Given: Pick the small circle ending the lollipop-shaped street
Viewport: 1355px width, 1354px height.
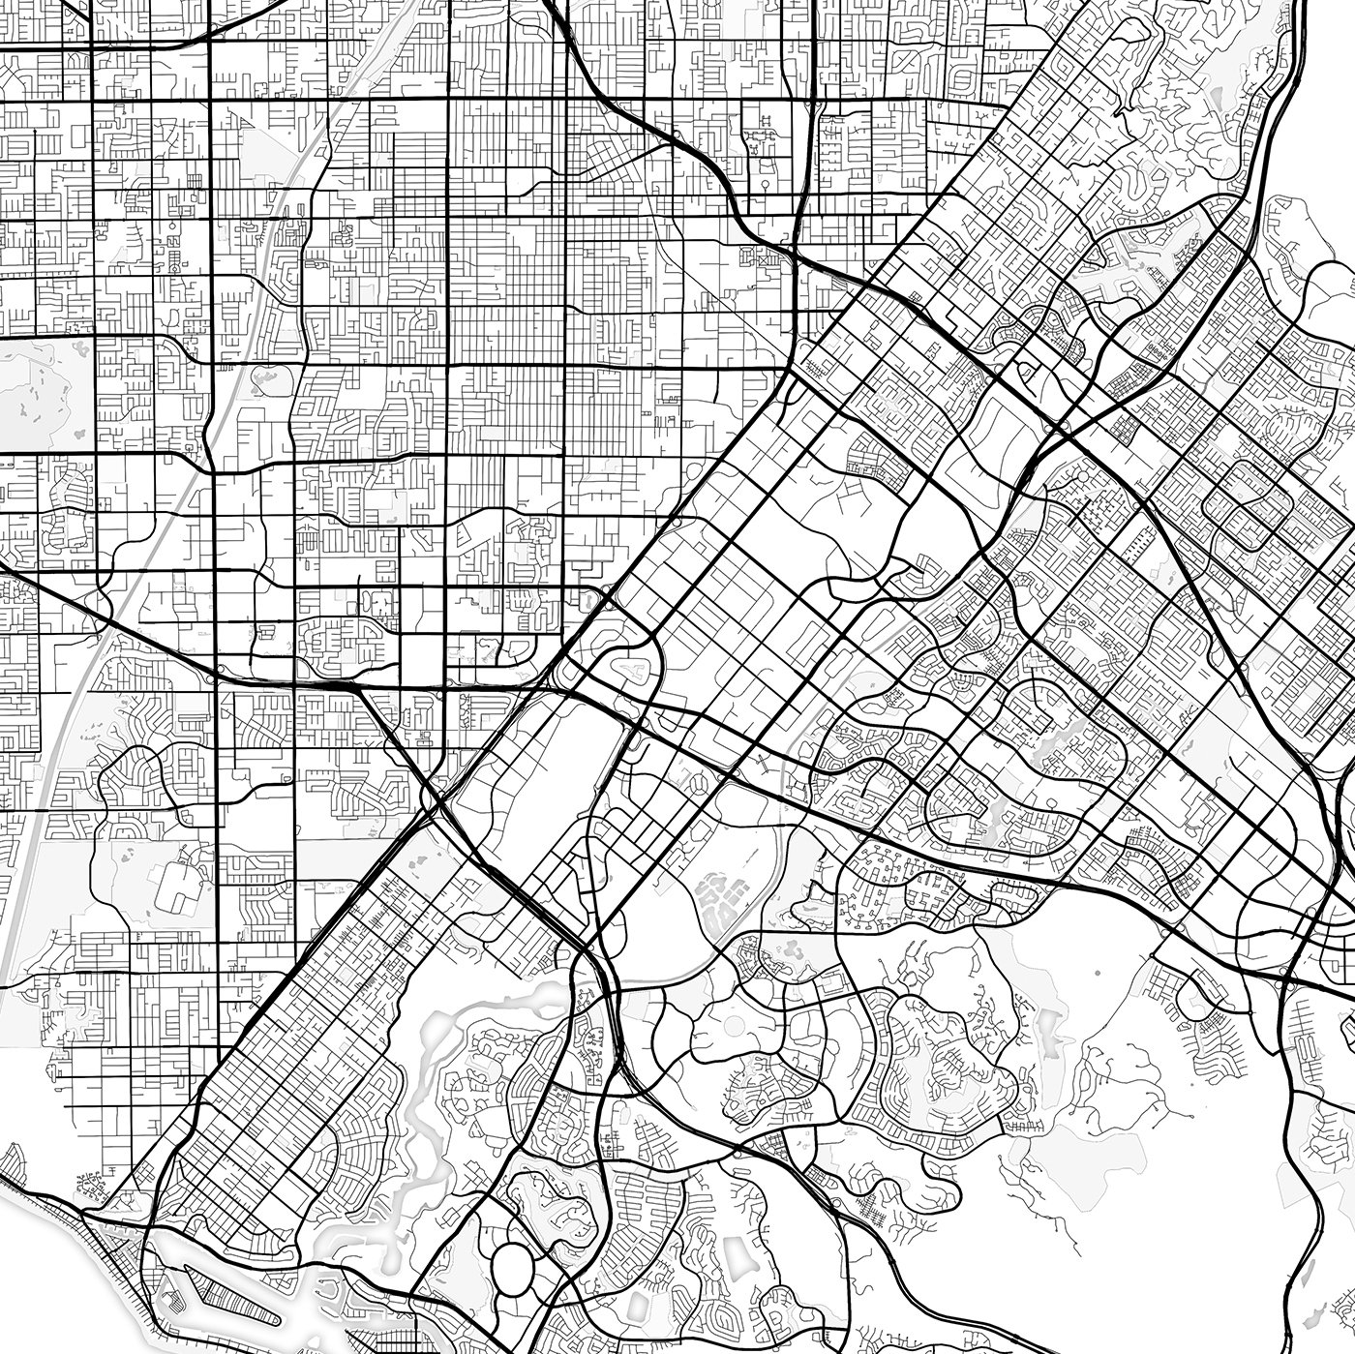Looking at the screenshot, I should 764,181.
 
